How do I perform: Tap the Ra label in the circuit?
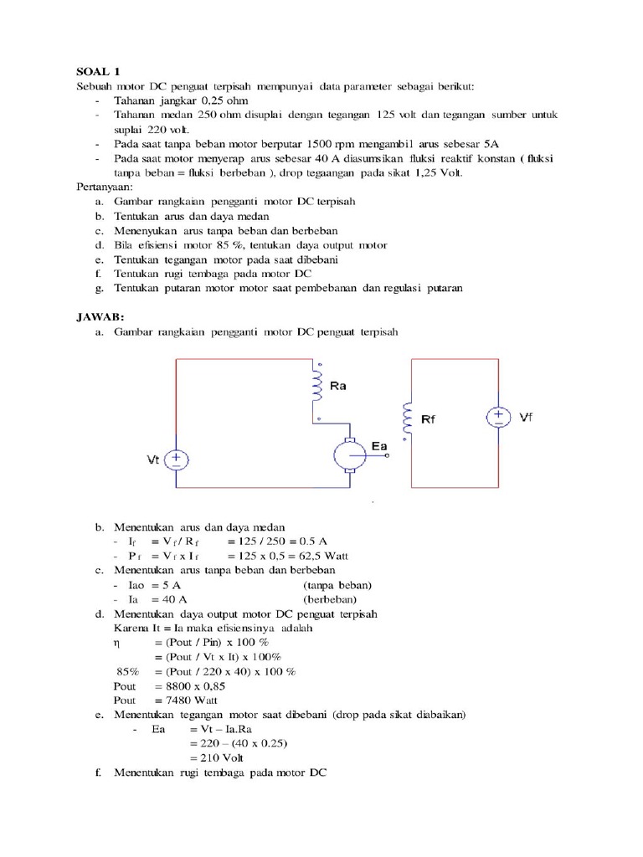(x=338, y=386)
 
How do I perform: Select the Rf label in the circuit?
(x=428, y=419)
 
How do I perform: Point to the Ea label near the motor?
(x=379, y=446)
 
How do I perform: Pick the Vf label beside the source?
(x=525, y=416)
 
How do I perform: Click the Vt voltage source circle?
(x=177, y=460)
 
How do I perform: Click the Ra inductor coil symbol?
(x=318, y=386)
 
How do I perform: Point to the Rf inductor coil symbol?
(x=407, y=418)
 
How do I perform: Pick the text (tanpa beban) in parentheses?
(x=337, y=585)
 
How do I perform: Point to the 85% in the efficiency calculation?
(x=127, y=671)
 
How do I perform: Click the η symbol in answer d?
(x=117, y=643)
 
